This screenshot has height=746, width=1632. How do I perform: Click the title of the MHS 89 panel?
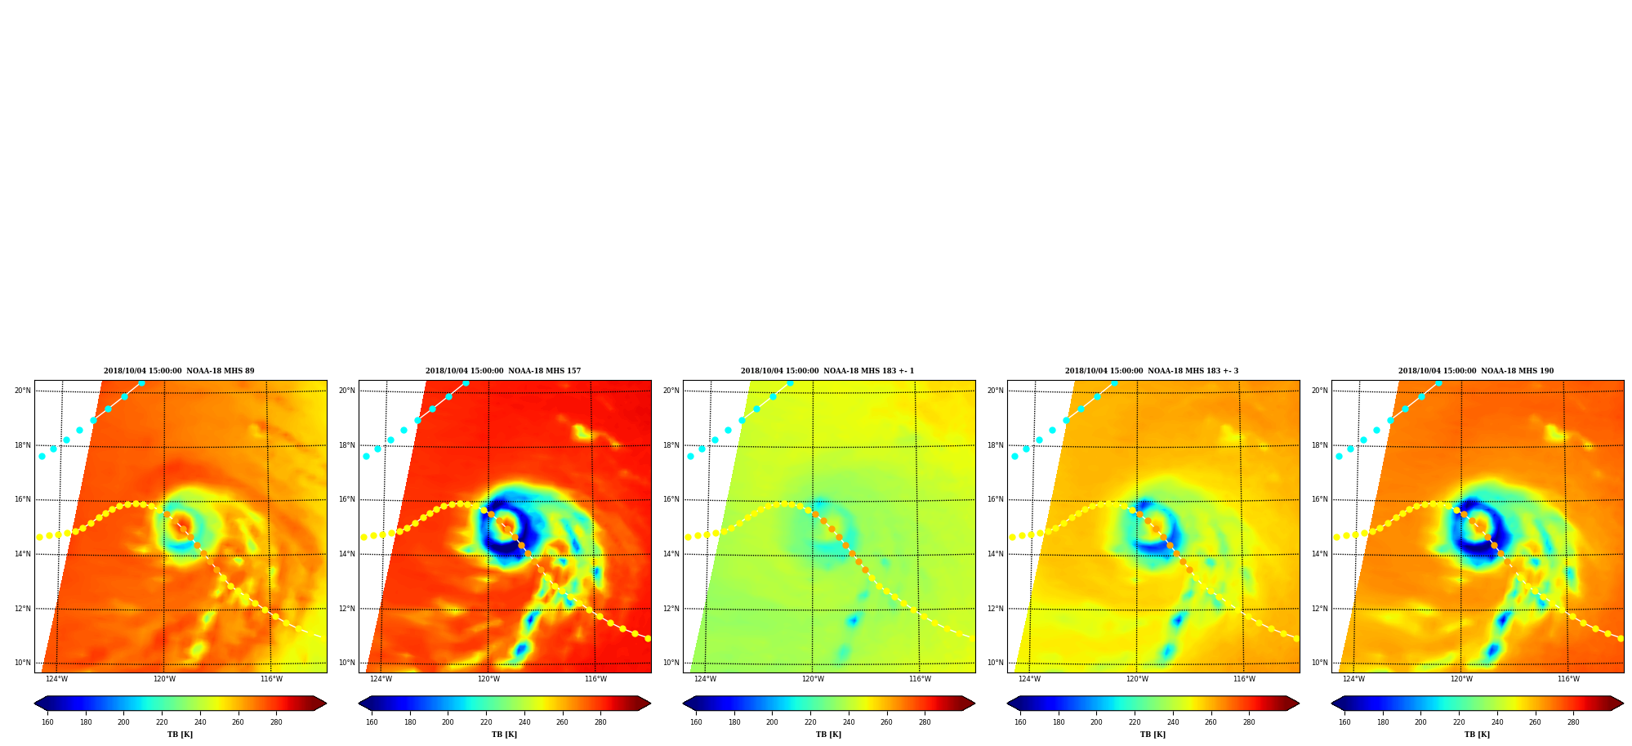coord(179,371)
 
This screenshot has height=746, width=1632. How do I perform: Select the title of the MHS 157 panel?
coord(503,371)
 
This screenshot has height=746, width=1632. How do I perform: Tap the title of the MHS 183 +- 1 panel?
coord(827,371)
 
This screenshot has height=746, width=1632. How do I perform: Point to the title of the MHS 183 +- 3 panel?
coord(1152,371)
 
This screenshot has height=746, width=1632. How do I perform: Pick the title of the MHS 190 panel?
coord(1476,371)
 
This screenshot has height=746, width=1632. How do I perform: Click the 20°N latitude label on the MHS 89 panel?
coord(23,391)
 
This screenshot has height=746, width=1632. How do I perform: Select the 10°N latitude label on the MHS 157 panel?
coord(347,663)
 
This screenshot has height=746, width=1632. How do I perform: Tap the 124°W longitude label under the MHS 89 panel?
coord(56,679)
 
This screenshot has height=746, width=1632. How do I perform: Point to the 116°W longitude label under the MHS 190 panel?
coord(1568,679)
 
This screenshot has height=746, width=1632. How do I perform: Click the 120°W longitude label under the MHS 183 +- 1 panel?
coord(813,679)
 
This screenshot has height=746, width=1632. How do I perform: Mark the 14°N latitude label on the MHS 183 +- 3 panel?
coord(996,554)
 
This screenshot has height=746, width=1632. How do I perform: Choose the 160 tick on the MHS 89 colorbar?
coord(47,722)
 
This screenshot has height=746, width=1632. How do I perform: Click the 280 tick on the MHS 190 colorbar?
coord(1573,722)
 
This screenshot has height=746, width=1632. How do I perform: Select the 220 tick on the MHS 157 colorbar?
coord(486,722)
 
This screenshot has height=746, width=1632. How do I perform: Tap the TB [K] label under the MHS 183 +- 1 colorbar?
coord(828,735)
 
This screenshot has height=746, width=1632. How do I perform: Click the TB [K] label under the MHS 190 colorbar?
coord(1477,735)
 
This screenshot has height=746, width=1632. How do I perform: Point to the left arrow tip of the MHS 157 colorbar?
coord(359,704)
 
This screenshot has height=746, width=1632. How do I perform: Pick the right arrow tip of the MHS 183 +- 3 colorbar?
coord(1300,704)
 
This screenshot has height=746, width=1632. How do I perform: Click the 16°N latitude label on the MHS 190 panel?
coord(1320,499)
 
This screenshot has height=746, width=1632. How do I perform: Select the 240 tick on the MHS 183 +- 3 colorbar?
coord(1173,722)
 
